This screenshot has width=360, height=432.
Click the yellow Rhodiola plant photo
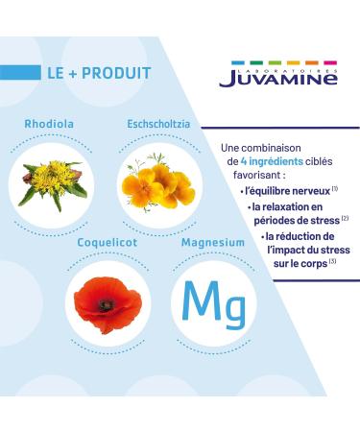[53, 178]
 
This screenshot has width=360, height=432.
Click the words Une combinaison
[257, 148]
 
